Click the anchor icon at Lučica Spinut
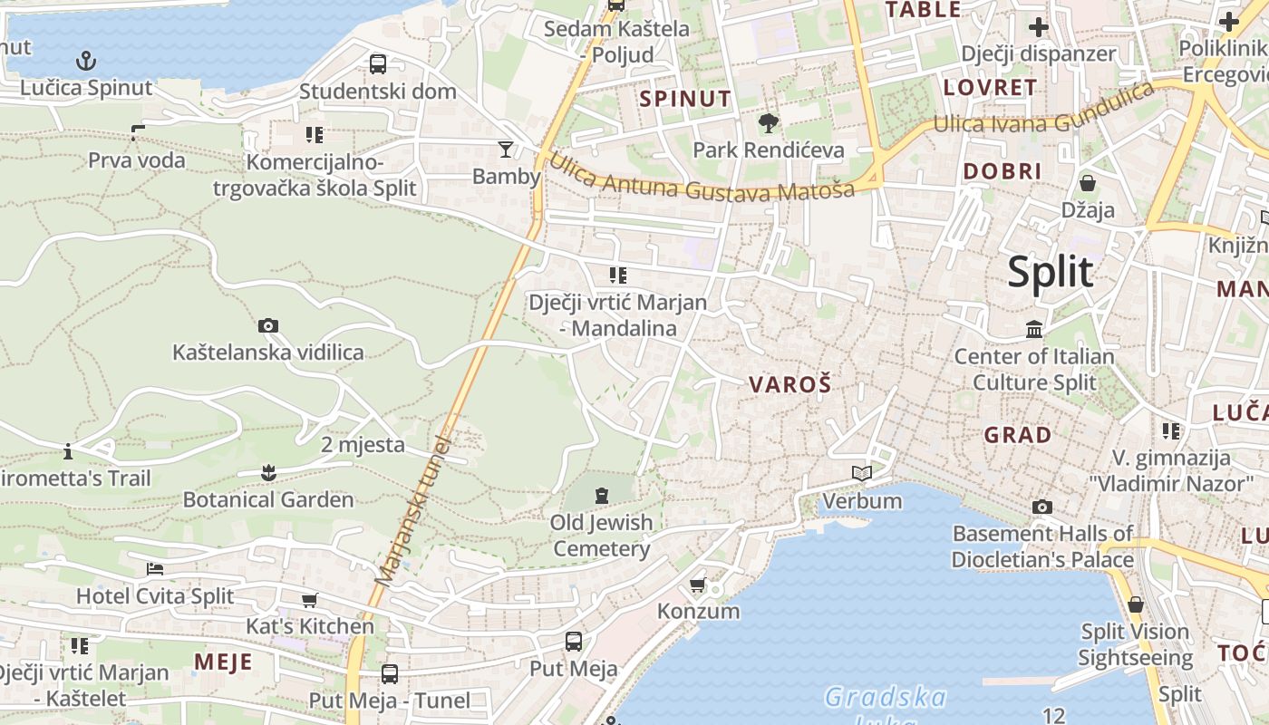[85, 61]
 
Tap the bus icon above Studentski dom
[378, 64]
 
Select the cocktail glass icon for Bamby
[506, 149]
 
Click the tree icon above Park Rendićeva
[769, 123]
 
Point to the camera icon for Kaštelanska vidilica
[267, 325]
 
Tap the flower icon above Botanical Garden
[267, 472]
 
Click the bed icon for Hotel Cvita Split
[155, 569]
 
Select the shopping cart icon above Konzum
[697, 585]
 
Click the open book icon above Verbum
[862, 473]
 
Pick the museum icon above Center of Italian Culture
[1034, 329]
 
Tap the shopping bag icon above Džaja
[1088, 183]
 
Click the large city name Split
[1051, 271]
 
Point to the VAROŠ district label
[789, 384]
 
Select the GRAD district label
[1018, 435]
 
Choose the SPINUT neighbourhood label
[685, 99]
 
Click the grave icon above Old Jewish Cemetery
[601, 496]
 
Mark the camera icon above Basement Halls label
[1042, 507]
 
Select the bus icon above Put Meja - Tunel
[390, 673]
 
